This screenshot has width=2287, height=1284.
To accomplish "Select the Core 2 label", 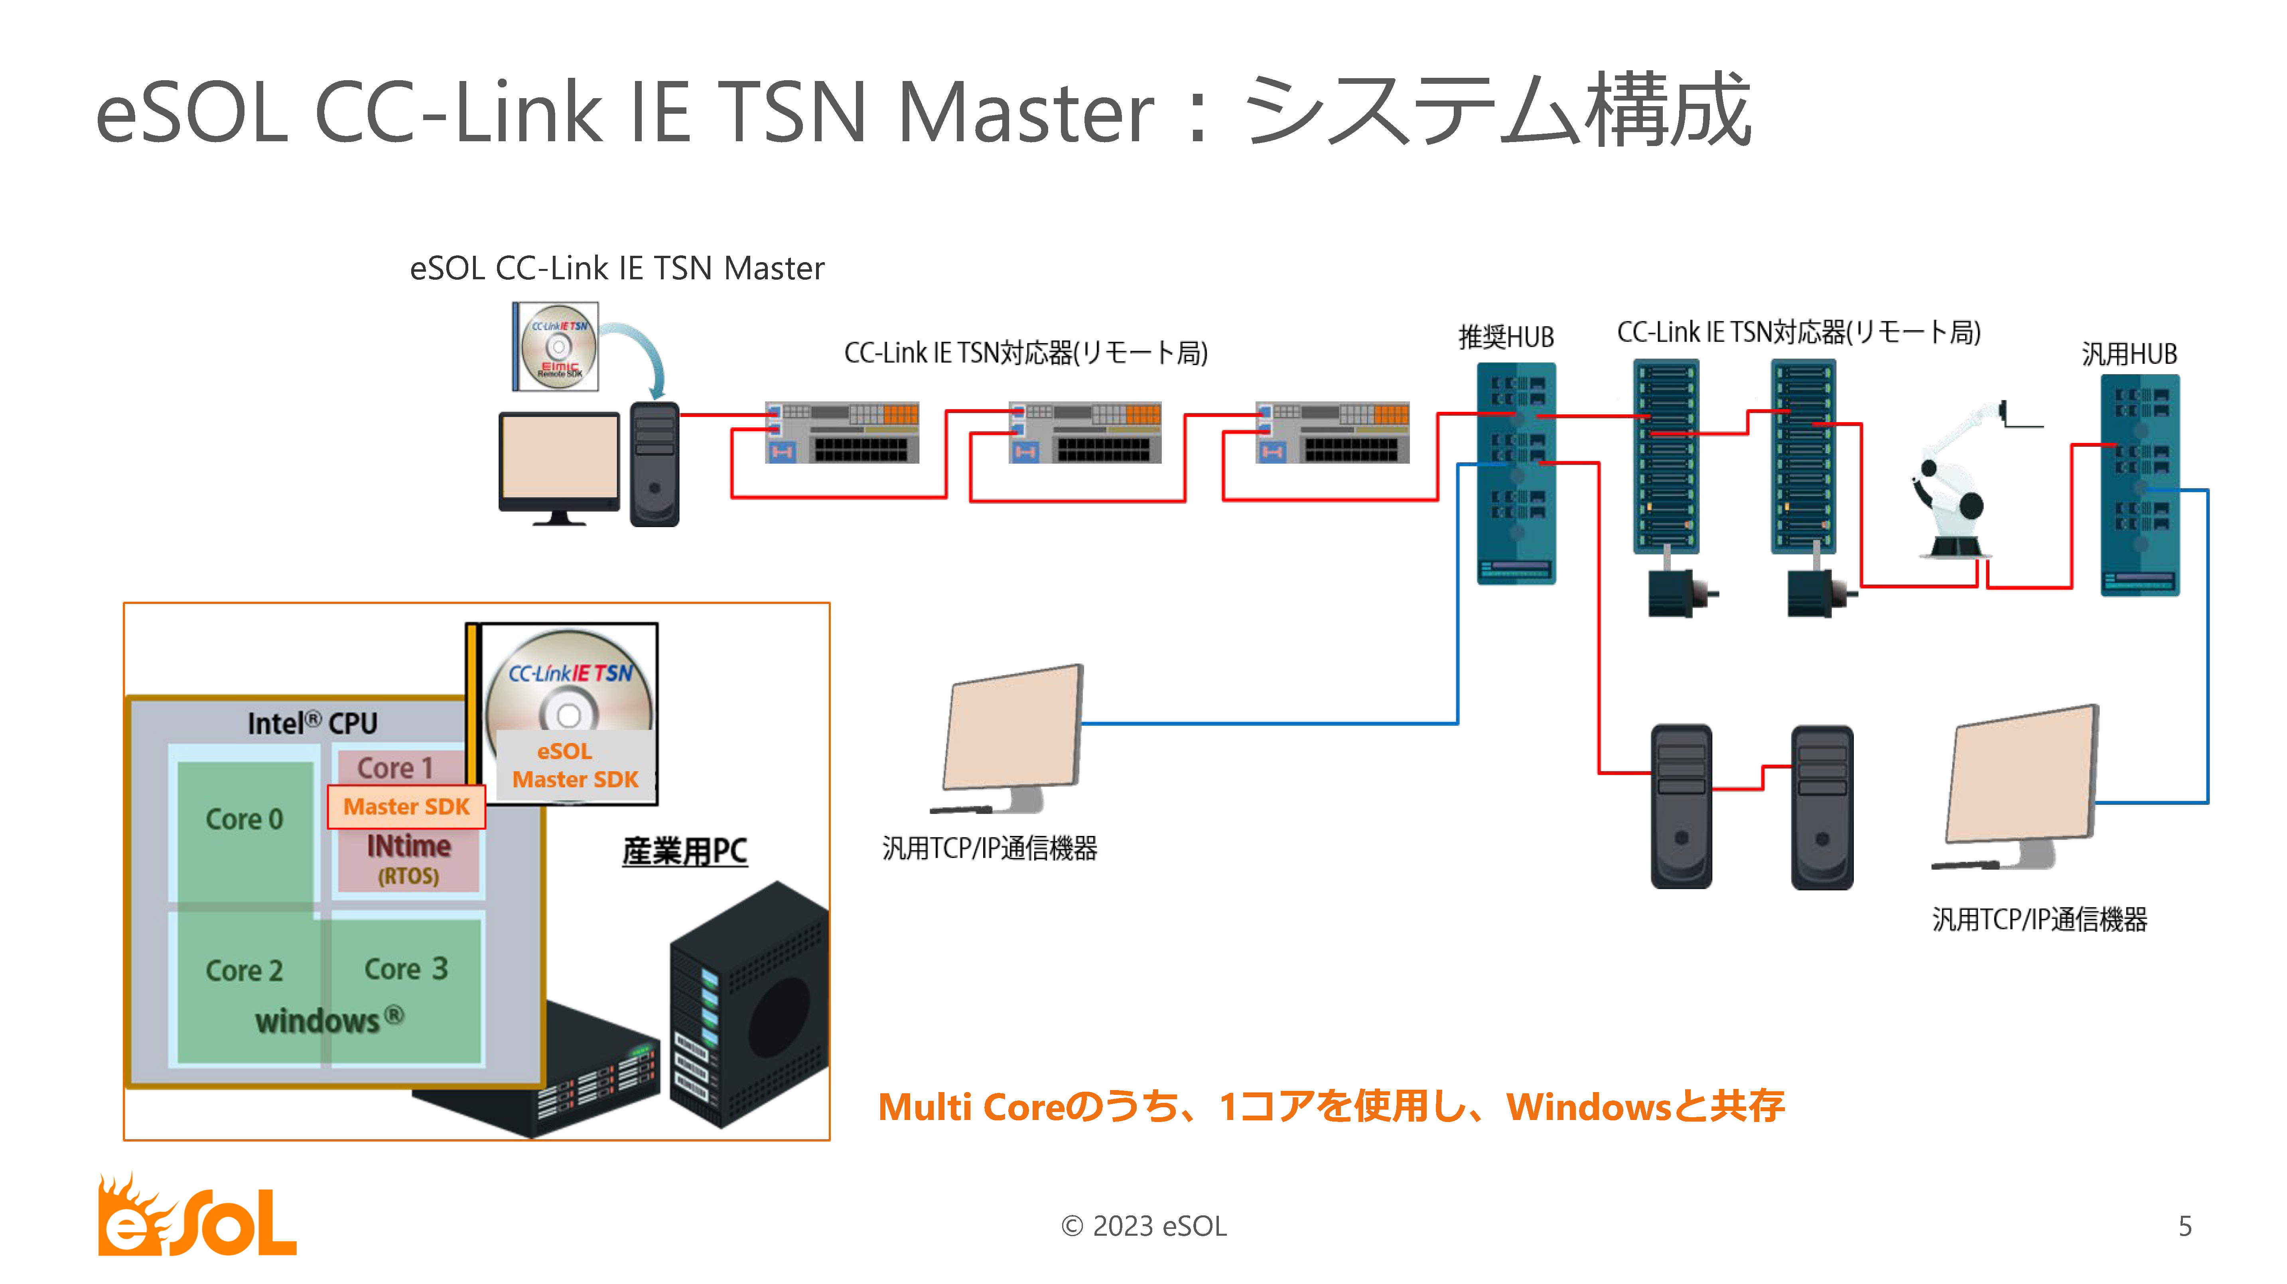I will point(244,970).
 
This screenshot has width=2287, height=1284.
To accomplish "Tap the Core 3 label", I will point(406,969).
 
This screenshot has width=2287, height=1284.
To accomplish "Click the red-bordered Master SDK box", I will point(406,806).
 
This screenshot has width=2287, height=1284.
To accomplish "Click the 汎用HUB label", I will point(2129,354).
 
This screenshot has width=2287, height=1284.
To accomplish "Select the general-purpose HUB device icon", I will point(2139,484).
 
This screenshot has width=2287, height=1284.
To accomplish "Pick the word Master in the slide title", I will point(1025,113).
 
